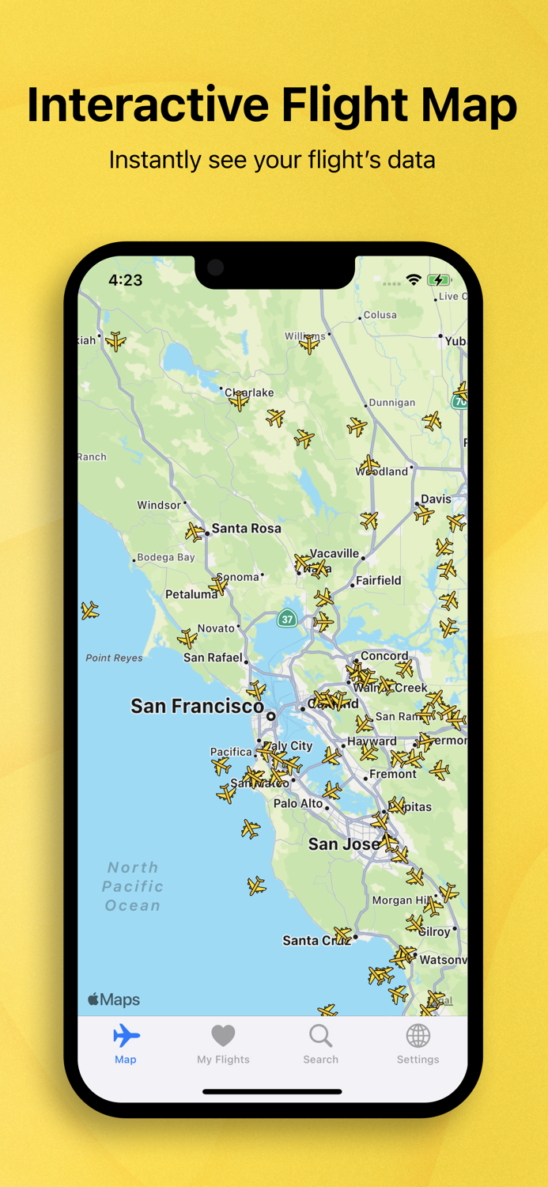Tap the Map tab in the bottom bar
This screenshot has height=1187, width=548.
126,1044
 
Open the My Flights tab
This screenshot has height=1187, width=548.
223,1044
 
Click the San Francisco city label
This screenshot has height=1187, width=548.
197,706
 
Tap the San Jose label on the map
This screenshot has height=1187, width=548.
344,844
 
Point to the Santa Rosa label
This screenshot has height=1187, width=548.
246,528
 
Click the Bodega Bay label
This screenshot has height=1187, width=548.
165,557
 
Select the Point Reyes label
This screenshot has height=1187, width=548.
114,658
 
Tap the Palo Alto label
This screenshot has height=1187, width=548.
298,803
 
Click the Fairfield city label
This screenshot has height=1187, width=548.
378,580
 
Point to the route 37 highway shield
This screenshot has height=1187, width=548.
287,619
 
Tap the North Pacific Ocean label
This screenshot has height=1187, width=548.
133,886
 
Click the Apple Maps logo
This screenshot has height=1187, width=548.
114,999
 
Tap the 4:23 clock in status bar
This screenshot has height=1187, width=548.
126,280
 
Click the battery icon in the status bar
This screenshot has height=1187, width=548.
439,280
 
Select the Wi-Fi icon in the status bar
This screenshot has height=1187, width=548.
413,280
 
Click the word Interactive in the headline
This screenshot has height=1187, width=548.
147,104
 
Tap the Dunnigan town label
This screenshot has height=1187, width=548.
391,402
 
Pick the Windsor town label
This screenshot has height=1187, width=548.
159,505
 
